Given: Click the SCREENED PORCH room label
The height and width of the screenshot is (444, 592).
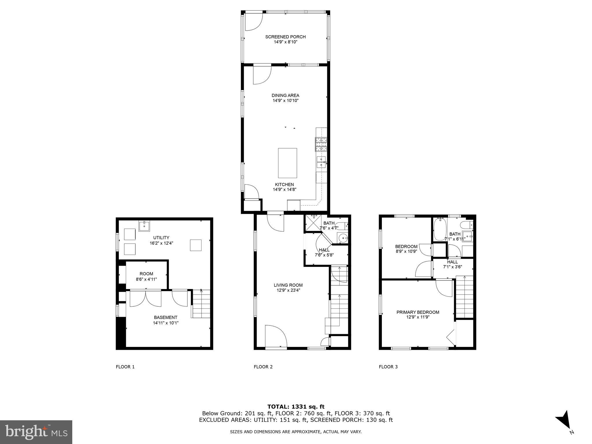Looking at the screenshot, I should point(285,37).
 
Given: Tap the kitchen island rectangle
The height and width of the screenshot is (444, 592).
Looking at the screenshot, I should point(287,163).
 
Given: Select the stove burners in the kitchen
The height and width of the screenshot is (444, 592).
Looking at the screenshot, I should point(321,144).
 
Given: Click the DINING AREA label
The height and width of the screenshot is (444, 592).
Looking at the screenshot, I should point(285,95).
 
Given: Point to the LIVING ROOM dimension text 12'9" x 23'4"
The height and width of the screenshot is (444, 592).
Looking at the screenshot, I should point(288,290).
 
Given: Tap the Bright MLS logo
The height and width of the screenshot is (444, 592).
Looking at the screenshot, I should point(36,432).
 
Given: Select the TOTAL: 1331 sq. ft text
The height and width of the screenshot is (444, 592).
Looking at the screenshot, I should point(296,407).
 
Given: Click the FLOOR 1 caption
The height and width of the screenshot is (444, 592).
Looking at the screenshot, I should point(125,367).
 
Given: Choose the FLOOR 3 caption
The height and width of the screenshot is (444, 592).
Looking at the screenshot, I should point(388,367).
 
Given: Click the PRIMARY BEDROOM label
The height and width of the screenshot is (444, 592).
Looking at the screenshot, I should point(418,312).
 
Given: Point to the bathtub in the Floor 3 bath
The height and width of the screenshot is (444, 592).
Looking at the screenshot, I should point(439,229).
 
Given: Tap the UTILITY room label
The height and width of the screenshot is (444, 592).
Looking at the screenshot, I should point(161,238).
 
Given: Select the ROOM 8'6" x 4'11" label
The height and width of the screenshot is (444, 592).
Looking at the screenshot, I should point(146,276).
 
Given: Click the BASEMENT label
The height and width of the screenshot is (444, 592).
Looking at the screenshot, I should point(166,317).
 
